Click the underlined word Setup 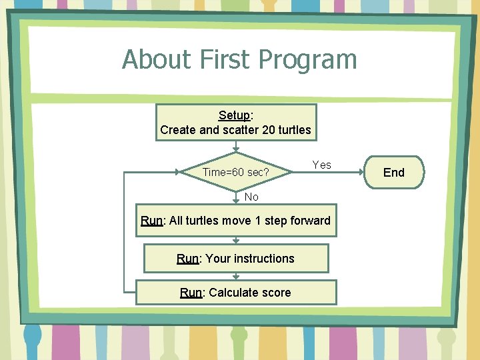click(x=234, y=115)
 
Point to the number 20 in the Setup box click(x=269, y=130)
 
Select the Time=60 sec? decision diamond click(x=236, y=172)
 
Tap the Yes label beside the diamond click(x=321, y=165)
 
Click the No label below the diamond click(x=251, y=197)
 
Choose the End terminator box click(x=394, y=173)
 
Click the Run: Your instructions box click(x=236, y=259)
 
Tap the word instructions click(x=262, y=259)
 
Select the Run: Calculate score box click(x=236, y=293)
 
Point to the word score click(x=277, y=293)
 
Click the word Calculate click(x=234, y=293)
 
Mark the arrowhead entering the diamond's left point click(x=178, y=172)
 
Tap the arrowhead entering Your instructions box click(x=236, y=241)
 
